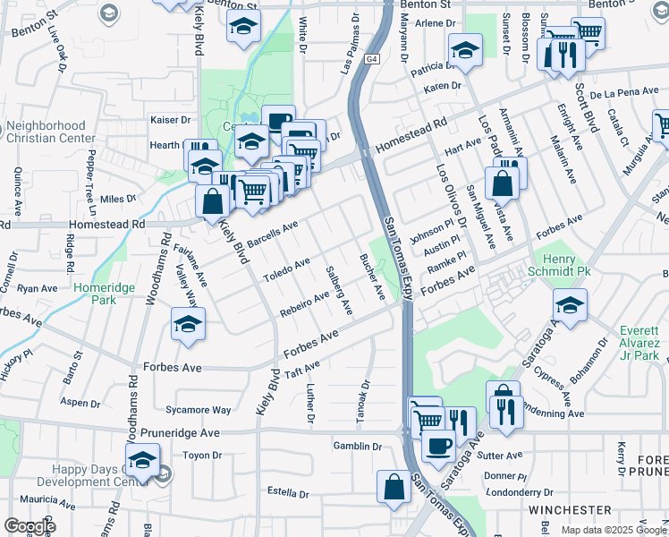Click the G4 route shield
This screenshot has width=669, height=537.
pos(372,60)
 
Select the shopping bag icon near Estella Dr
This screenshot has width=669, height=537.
pos(394,488)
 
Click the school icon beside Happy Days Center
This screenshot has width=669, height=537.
pos(141,462)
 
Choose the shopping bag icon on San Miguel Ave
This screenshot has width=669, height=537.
pos(503,184)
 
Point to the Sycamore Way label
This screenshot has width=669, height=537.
pos(198,411)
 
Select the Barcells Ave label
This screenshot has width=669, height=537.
pos(272,236)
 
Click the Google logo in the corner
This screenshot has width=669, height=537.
pos(30,526)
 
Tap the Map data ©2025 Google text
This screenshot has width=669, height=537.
pos(614,530)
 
